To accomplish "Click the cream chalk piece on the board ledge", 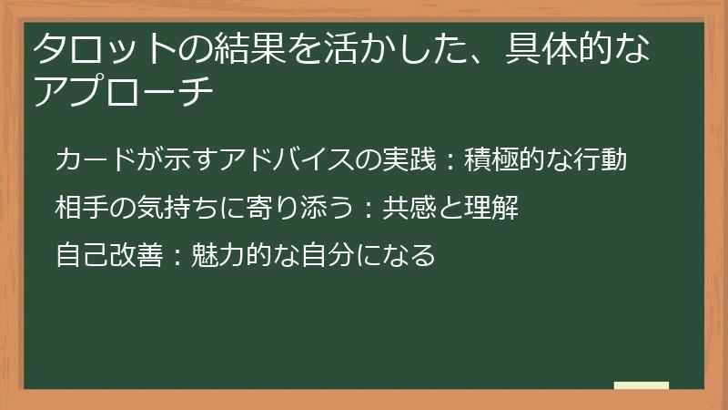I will [x=642, y=385].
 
